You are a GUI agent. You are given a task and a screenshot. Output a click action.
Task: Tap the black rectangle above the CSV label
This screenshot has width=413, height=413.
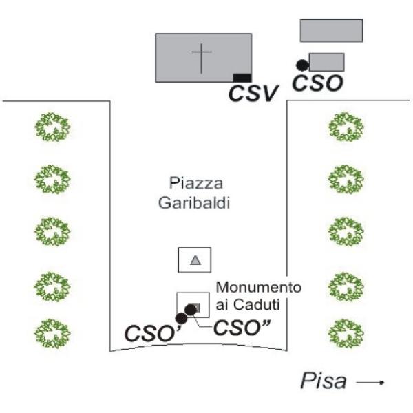(x=242, y=77)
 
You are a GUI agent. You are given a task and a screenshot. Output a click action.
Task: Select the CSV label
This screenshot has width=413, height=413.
(x=253, y=92)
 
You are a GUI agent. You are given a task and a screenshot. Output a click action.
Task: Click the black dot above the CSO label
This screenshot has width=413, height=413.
(x=301, y=65)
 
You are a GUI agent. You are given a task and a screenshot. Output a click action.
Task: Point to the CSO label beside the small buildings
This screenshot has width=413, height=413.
(x=318, y=83)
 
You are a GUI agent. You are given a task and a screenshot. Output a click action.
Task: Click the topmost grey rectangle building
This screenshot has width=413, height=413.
(x=331, y=30)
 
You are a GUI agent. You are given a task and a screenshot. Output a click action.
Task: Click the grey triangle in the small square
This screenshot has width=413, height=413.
(x=195, y=260)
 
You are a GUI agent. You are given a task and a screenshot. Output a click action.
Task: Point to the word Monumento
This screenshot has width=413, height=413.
(x=259, y=287)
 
